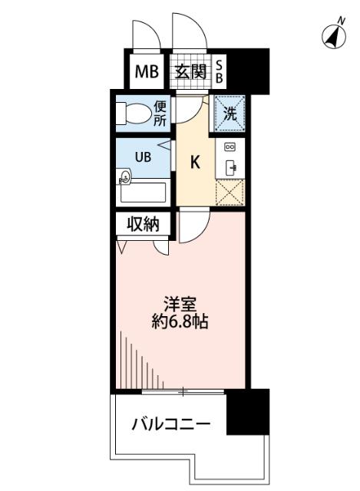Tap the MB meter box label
[x=146, y=73]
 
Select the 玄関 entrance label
[x=190, y=73]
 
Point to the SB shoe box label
[x=218, y=73]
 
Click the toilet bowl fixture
[x=135, y=114]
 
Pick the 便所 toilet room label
[x=159, y=113]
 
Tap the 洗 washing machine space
[x=229, y=114]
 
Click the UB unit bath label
[x=143, y=157]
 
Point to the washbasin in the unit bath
[x=125, y=178]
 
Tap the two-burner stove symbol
[x=230, y=147]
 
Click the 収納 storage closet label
[x=143, y=225]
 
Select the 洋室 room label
[x=181, y=302]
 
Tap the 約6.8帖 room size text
[x=181, y=321]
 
